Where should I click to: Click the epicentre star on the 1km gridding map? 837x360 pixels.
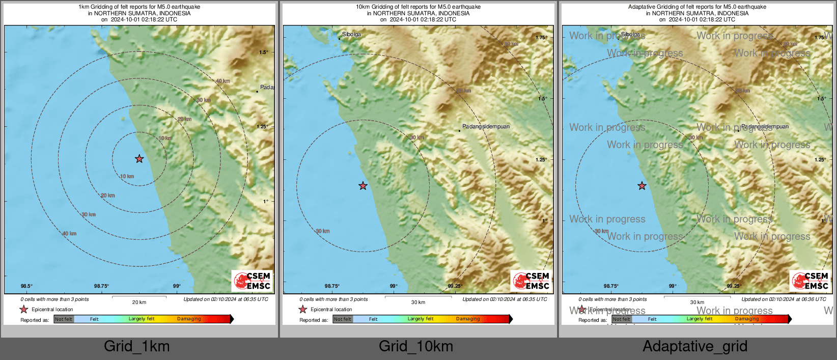139,159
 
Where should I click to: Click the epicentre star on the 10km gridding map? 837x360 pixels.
362,186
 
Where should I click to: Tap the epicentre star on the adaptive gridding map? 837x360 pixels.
641,186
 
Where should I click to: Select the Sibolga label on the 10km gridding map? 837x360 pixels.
351,35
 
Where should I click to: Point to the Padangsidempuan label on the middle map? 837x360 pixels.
486,126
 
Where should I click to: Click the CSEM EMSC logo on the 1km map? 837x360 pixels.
252,281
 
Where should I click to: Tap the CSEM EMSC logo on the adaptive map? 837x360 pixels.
810,281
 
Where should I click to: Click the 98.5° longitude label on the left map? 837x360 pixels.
26,286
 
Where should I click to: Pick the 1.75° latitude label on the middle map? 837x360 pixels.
541,38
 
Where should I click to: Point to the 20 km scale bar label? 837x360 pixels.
139,302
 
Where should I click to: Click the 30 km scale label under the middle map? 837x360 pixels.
418,302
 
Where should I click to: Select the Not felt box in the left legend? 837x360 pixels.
64,319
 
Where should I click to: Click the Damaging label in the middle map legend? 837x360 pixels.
468,319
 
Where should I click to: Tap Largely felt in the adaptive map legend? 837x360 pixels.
699,319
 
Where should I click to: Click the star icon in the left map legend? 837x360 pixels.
23,310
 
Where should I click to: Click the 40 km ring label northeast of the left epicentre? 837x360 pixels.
222,81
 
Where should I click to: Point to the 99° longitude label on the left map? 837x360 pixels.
176,286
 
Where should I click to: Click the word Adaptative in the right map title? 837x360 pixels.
642,7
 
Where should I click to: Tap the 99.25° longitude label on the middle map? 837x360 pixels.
455,286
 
